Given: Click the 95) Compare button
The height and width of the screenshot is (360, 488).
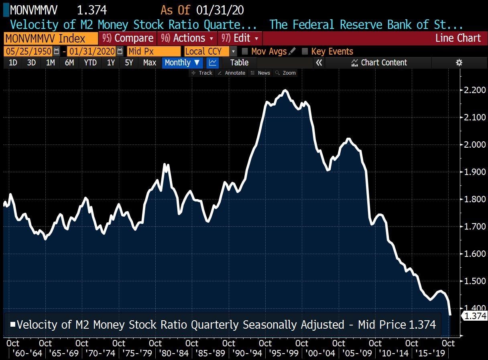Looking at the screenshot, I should (128, 39).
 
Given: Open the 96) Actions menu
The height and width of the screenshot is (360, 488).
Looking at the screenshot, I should (188, 39).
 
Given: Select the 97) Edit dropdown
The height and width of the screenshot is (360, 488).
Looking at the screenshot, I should (240, 39).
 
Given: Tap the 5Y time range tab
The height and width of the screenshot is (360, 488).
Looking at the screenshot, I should (128, 63).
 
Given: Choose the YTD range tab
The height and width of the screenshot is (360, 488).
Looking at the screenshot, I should (90, 63).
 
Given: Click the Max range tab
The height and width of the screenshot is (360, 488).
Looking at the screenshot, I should (150, 63).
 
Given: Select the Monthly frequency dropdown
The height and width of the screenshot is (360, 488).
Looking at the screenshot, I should (182, 63).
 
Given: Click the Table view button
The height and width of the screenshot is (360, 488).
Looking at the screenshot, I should (239, 63).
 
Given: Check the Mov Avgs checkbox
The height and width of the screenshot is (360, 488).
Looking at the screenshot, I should (245, 51).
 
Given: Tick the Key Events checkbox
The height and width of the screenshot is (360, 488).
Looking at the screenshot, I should (305, 51).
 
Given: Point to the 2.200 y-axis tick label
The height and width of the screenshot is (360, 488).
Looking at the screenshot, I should (472, 90).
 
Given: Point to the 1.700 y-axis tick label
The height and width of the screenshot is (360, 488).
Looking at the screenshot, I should (472, 226).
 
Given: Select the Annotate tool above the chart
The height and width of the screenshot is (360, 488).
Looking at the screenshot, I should (232, 73).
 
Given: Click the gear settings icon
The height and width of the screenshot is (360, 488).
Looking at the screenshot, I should (459, 63).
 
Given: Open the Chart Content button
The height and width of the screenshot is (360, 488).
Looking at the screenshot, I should (379, 63).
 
